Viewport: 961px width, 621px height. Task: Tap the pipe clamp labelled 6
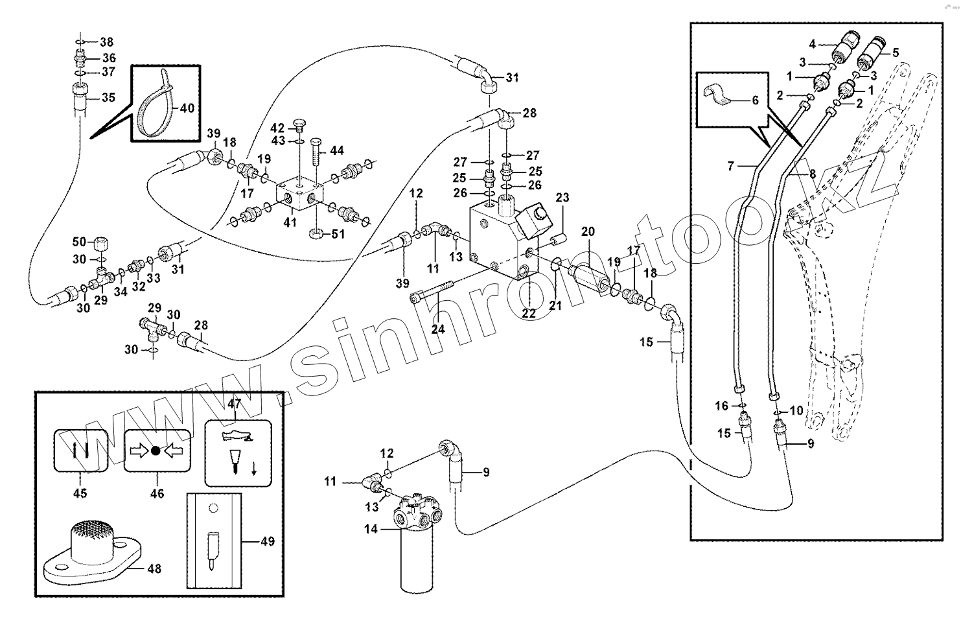click(720, 97)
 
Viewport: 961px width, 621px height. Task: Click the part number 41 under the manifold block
click(290, 222)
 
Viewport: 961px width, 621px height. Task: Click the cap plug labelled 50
click(100, 244)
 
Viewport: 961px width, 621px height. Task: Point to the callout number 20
click(587, 231)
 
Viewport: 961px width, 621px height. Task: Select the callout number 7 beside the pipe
click(731, 167)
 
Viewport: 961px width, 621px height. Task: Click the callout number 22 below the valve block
click(529, 313)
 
